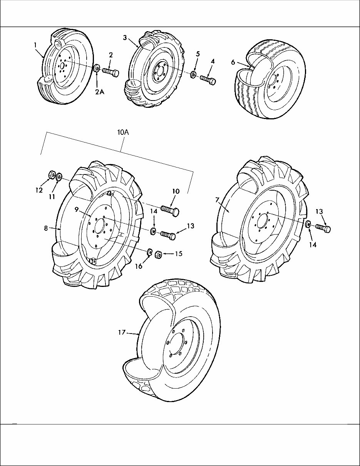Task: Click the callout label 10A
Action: (123, 132)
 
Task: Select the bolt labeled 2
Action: (111, 72)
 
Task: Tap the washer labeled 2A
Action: (97, 69)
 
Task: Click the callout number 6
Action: (233, 62)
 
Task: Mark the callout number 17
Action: (122, 332)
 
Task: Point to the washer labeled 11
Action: (59, 177)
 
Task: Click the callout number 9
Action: (77, 209)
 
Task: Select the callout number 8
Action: (45, 228)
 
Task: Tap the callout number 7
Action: (217, 199)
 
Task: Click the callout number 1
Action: (35, 45)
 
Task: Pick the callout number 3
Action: (125, 37)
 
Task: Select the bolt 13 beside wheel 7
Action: (323, 228)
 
